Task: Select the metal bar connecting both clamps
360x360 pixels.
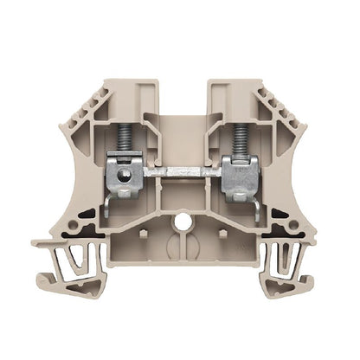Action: (181, 171)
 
